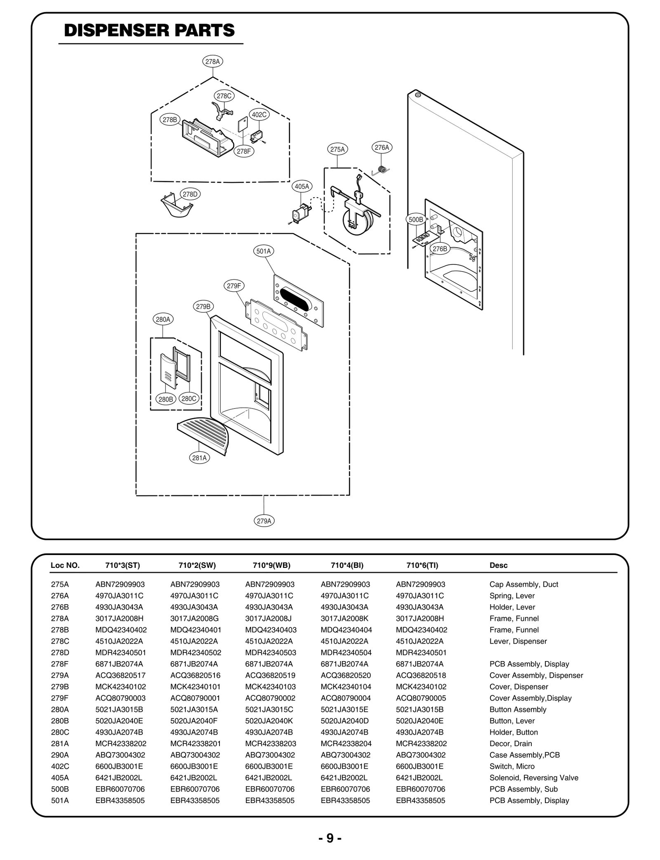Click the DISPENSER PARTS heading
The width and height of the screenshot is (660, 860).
(x=149, y=31)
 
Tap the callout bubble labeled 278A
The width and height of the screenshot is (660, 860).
(x=213, y=61)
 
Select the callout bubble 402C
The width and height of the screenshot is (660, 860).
(x=259, y=115)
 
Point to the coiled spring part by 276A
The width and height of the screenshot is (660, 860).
(x=383, y=169)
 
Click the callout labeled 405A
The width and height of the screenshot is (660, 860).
(x=302, y=187)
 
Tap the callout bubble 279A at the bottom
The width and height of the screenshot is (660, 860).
(x=264, y=521)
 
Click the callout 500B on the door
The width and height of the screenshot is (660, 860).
(x=415, y=220)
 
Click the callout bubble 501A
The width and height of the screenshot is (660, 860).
(x=264, y=251)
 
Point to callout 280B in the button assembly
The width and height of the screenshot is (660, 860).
(x=166, y=399)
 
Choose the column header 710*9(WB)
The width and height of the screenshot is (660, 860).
(x=271, y=565)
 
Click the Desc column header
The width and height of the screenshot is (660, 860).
(x=498, y=565)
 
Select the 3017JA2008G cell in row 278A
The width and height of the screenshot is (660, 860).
(x=194, y=618)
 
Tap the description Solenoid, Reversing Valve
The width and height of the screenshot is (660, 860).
(x=534, y=777)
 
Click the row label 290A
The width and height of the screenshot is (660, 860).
(x=60, y=755)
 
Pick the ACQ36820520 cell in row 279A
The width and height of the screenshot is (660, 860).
(x=346, y=675)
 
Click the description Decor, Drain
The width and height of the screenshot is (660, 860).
(x=511, y=743)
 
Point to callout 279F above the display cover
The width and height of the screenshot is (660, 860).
(x=234, y=286)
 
